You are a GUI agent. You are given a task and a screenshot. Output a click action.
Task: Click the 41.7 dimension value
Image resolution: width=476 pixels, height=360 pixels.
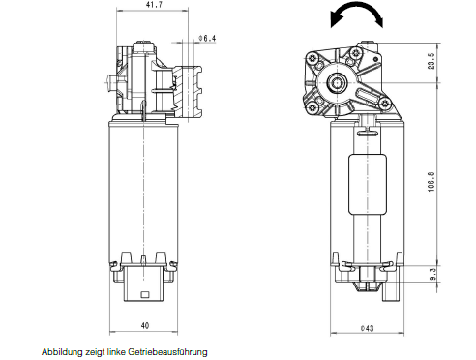coord(155,5)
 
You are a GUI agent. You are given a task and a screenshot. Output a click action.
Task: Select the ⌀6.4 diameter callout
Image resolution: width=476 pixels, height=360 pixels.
coord(207,39)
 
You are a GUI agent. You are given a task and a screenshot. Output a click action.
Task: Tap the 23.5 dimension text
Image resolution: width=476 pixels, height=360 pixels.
coord(431,61)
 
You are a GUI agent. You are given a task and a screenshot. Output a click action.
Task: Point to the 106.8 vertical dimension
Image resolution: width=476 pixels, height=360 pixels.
coord(431,182)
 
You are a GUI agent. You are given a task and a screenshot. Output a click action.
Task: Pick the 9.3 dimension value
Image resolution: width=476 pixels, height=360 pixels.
coord(432,274)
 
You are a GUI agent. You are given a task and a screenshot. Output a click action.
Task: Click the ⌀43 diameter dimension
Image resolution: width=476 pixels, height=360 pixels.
coord(367,328)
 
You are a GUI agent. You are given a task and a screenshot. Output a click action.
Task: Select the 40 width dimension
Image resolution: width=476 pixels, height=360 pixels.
coord(145,326)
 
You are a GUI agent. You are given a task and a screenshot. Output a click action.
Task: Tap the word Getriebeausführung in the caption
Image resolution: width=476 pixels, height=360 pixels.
coord(167,351)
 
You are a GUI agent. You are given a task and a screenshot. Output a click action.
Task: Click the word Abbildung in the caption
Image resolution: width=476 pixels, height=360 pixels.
coord(62,351)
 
